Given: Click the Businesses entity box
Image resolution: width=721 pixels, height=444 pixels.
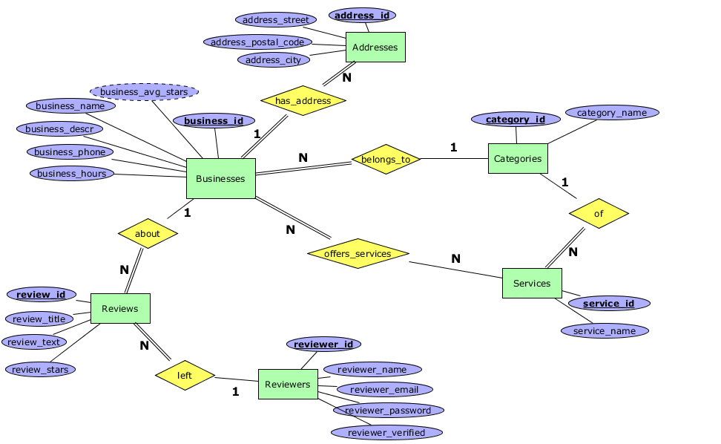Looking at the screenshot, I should pos(220,178).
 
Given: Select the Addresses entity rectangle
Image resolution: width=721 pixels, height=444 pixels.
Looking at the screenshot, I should pos(375,48).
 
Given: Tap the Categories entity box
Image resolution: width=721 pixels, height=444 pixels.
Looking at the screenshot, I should pos(518,158).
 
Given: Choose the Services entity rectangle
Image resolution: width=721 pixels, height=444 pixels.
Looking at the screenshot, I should pos(532,283).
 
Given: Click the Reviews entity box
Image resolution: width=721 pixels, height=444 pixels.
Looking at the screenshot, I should pos(120,308).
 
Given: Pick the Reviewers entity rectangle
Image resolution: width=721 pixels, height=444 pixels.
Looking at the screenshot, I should pos(288,384).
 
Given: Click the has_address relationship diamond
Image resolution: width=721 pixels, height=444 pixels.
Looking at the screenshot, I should pos(303,100).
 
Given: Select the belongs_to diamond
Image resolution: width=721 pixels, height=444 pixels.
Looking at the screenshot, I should pos(386,159).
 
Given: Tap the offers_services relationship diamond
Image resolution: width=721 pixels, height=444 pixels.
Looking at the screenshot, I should pos(358,253).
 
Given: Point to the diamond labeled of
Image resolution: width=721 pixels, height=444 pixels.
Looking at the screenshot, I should pos(599,213).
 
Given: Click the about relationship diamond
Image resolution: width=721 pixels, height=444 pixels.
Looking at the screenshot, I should pos(148,233).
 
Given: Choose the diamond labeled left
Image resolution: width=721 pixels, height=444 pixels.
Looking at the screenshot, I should pos(185,375).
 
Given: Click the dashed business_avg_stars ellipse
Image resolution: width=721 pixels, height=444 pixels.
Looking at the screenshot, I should pos(144,92).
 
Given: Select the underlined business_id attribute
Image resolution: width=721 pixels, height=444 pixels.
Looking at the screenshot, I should pos(214,121).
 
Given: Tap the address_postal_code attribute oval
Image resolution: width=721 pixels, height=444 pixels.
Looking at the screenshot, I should pos(257,42).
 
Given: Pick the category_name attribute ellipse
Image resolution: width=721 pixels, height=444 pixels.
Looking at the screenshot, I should pos(612,113).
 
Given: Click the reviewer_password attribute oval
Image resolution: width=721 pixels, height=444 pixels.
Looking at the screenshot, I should pos(388,410).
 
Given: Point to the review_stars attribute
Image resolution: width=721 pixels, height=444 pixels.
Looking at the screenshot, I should pos(41,369).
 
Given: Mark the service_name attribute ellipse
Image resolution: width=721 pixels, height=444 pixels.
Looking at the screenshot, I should pos(605,330).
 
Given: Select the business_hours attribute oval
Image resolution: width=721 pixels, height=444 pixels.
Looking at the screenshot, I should pos(73,173).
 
